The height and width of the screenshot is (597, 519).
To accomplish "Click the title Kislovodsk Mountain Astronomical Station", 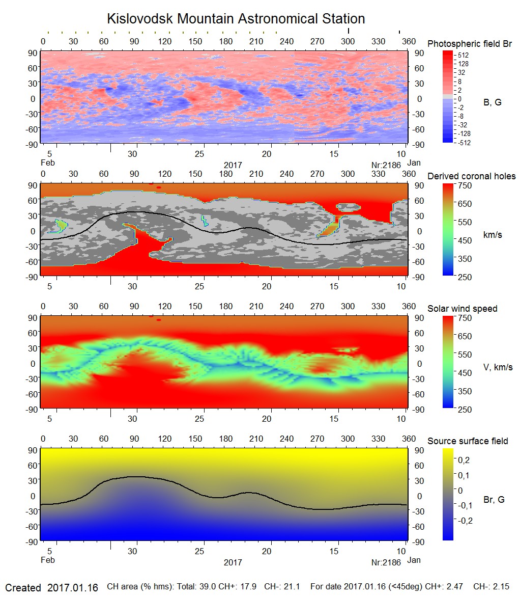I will [x=236, y=19].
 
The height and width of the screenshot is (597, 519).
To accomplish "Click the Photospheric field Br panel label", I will [x=469, y=44].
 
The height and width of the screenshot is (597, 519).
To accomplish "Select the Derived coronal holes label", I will [x=471, y=176].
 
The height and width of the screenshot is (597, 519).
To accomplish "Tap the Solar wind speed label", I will [x=462, y=309].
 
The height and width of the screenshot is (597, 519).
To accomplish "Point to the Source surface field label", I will [x=468, y=441].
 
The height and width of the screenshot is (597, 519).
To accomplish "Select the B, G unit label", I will [x=492, y=102].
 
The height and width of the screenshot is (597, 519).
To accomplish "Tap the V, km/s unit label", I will [x=498, y=367].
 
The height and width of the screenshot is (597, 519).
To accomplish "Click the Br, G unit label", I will [x=494, y=500].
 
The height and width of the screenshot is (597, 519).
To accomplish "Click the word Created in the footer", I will [x=23, y=587].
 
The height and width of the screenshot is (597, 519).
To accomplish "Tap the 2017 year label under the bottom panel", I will [x=233, y=562].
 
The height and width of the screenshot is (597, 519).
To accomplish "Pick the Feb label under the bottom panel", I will [x=47, y=560].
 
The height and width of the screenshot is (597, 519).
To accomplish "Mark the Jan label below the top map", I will [x=414, y=163].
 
